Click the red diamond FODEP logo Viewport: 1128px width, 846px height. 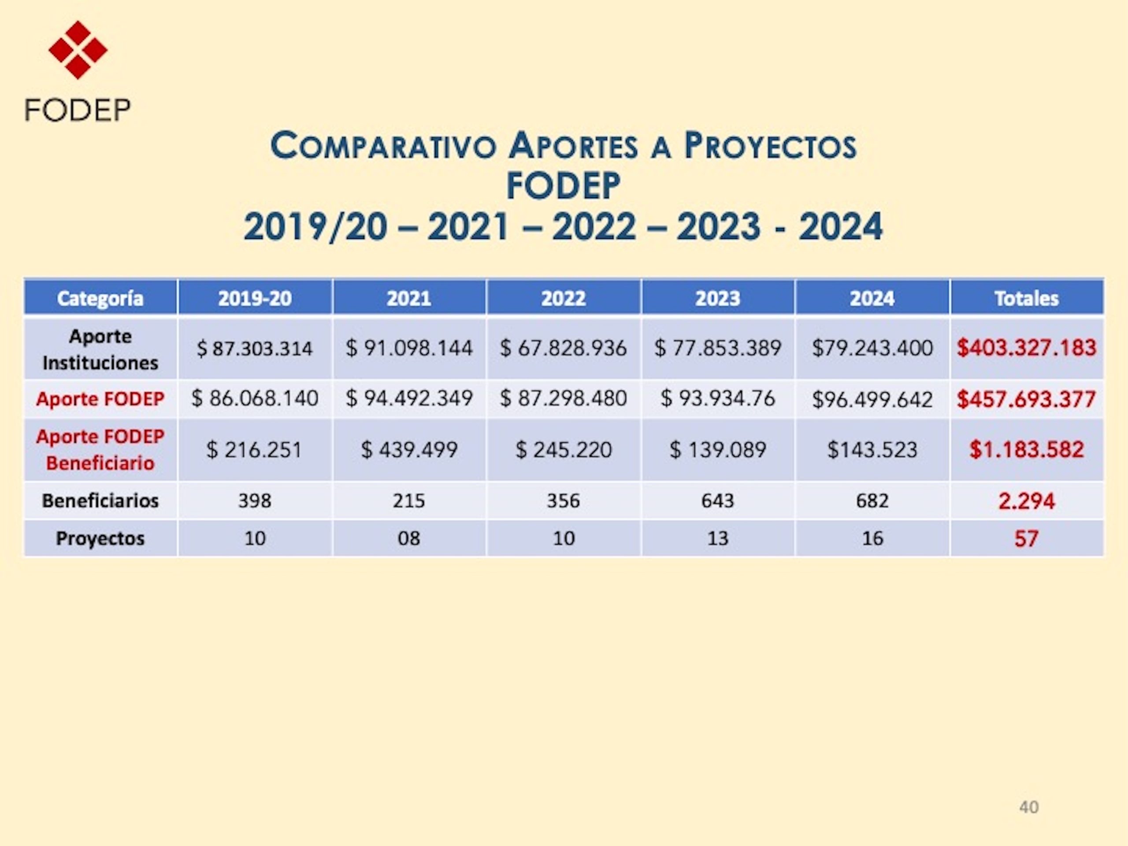point(78,50)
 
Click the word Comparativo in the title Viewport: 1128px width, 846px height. point(383,146)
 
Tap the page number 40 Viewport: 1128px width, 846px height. point(1028,807)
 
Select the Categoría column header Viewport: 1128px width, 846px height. point(100,298)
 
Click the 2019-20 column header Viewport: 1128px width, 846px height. point(255,298)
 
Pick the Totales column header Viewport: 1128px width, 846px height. point(1027,298)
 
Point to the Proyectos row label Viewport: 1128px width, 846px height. point(100,538)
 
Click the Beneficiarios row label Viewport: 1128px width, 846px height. point(100,500)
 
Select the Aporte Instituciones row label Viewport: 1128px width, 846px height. point(100,349)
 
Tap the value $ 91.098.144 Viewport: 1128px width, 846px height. point(409,348)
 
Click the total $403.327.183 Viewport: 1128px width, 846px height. point(1027,348)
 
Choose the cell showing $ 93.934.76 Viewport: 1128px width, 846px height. point(717,398)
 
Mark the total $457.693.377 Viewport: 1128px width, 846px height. point(1027,399)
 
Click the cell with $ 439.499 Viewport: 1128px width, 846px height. point(409,450)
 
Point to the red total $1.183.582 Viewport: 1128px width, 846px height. point(1027,450)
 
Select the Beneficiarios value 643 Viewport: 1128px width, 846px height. point(717,500)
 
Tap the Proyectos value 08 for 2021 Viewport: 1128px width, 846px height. point(409,538)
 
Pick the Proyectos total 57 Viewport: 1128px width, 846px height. point(1027,539)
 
